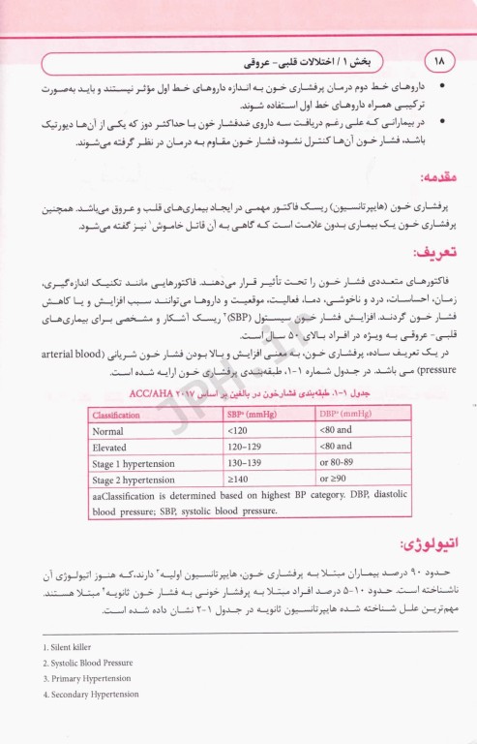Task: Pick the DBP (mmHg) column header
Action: tap(344, 415)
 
